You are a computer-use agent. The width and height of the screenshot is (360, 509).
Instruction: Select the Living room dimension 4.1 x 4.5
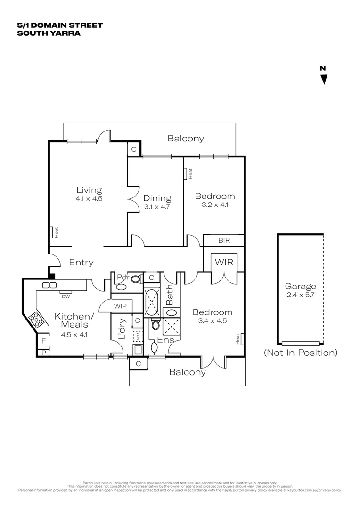click(89, 199)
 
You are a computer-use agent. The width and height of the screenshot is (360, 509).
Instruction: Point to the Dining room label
click(157, 198)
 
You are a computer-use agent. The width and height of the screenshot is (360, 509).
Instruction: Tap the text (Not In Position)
click(300, 353)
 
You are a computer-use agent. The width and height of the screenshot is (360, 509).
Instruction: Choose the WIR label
click(224, 262)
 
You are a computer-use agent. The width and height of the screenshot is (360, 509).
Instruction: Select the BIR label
click(224, 240)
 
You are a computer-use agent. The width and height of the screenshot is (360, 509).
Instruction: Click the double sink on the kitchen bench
click(49, 285)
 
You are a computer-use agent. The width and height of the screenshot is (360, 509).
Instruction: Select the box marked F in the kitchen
click(43, 341)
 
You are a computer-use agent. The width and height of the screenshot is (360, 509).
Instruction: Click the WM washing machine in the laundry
click(138, 336)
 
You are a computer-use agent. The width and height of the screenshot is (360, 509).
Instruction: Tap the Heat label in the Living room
click(56, 232)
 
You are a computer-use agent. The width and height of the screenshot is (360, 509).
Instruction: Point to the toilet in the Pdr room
click(136, 279)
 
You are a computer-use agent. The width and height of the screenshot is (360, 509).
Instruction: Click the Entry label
click(81, 263)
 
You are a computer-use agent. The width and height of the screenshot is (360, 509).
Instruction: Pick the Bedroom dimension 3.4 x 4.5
click(212, 322)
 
